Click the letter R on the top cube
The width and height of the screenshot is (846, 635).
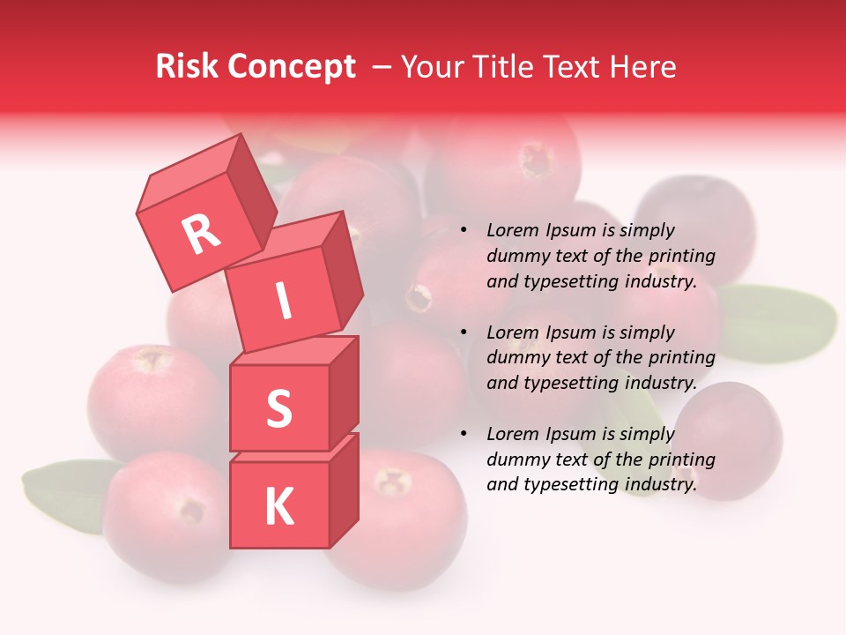[201, 235]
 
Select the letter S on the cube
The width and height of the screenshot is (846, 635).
[278, 408]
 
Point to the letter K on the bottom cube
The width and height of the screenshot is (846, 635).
[278, 507]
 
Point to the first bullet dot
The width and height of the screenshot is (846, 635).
[464, 230]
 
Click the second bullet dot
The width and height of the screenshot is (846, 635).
[464, 332]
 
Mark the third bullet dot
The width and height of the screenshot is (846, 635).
[464, 434]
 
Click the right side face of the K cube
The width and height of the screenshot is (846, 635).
[344, 489]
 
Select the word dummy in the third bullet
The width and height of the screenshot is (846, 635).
[516, 460]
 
